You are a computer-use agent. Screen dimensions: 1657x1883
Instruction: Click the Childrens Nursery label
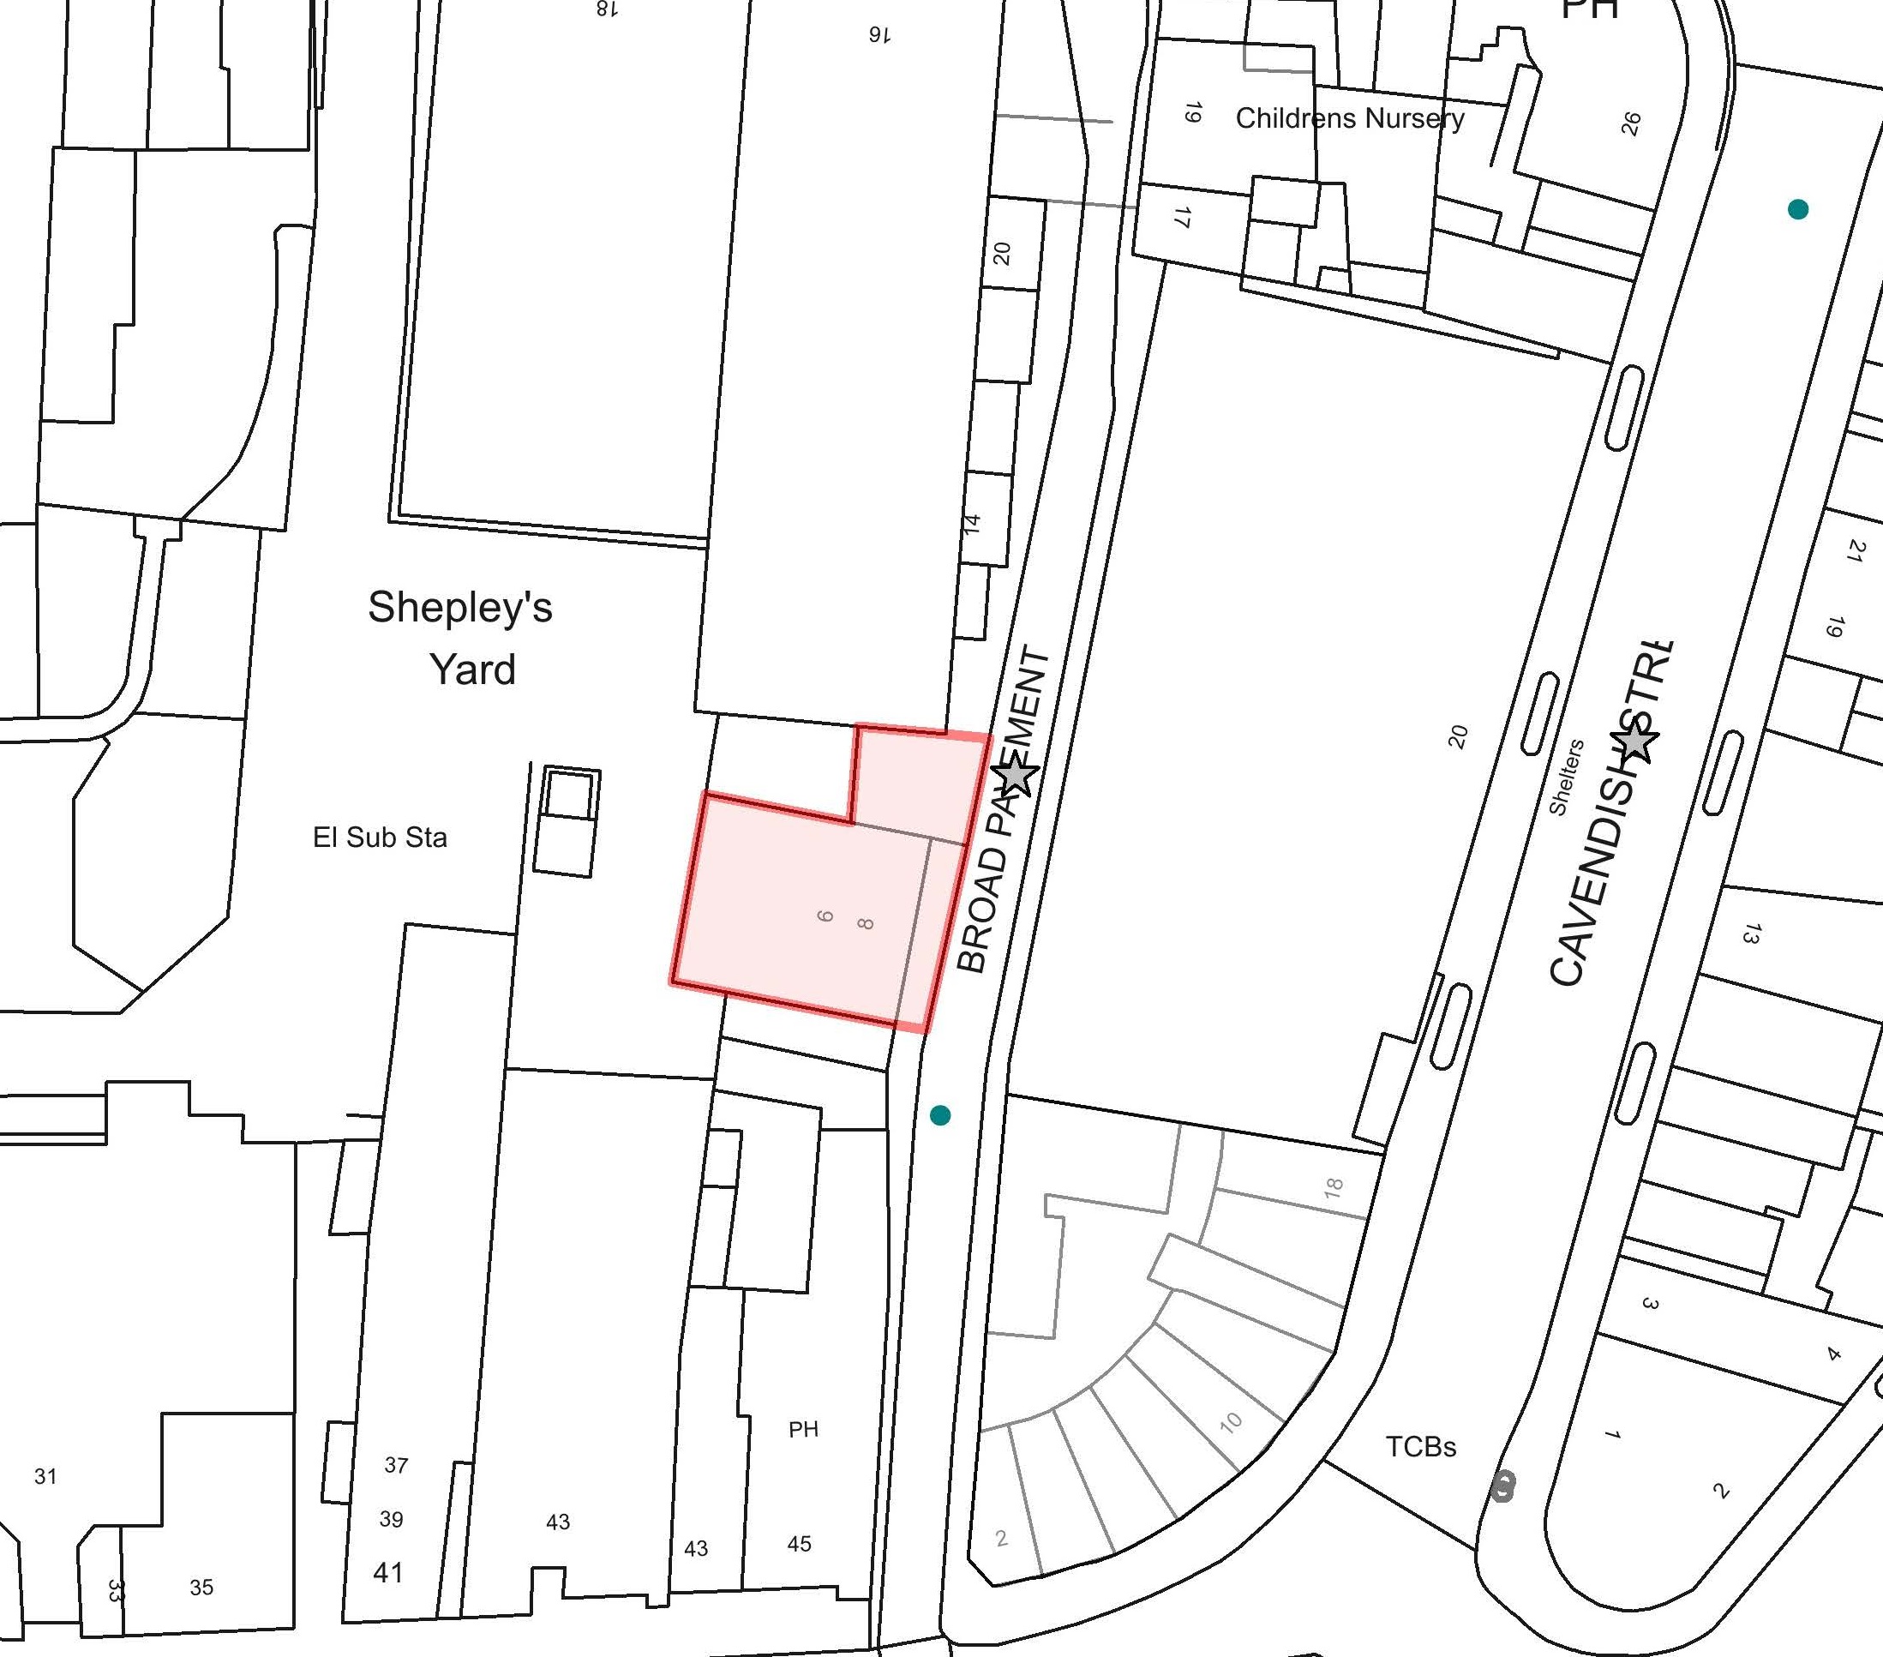point(1350,118)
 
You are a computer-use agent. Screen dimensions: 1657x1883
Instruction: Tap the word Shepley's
point(459,607)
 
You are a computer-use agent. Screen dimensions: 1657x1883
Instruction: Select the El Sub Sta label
point(380,838)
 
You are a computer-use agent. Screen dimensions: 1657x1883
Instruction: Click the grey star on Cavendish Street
point(1634,741)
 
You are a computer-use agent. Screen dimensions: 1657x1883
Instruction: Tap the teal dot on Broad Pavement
point(939,1115)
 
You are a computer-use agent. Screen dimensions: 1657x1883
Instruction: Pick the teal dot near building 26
point(1797,209)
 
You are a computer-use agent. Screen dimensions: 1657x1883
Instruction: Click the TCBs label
point(1420,1447)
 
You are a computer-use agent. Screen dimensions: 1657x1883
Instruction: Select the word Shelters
point(1565,777)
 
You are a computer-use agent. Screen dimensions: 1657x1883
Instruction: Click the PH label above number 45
point(803,1429)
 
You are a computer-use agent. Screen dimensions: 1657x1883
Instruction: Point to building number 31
point(45,1476)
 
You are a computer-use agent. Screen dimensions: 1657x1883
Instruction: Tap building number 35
point(201,1587)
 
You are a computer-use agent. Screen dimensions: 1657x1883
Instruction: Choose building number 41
point(388,1572)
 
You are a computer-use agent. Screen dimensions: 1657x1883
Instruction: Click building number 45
point(799,1543)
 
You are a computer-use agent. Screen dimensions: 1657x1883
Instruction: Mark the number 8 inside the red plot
point(864,922)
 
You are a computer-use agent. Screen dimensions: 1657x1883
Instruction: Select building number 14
point(972,524)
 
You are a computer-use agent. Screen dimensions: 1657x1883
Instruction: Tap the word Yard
point(472,670)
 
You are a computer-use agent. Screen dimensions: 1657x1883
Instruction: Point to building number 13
point(1750,934)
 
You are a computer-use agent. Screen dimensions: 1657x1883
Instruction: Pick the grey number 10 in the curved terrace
point(1231,1422)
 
